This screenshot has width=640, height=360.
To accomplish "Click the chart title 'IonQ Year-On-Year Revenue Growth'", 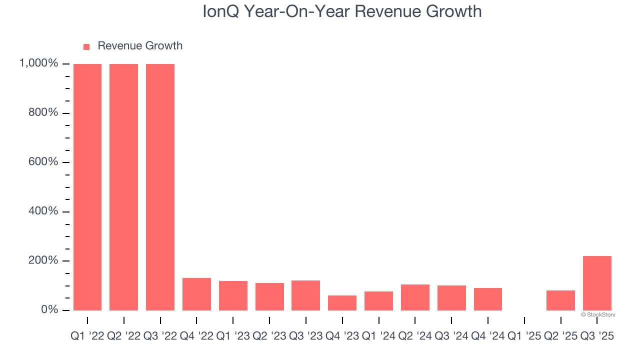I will pos(342,11).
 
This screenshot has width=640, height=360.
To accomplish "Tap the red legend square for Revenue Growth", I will pos(86,46).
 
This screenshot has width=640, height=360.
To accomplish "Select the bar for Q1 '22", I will pos(87,187).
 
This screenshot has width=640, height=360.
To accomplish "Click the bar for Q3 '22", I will pos(160,187).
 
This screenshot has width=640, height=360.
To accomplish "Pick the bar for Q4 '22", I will pos(196,294).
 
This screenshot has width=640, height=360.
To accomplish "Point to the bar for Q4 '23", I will pos(342,302).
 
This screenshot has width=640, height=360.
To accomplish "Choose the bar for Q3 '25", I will pos(597,283).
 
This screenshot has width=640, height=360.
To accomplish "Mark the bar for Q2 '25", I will pos(560,300).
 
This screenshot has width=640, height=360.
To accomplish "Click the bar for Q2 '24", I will pos(415,297).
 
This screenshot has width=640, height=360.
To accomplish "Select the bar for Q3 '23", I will pos(305,295).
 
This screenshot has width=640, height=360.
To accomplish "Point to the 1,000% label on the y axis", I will pos(38,63).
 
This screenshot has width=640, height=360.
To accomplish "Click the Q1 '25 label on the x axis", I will pos(524,336).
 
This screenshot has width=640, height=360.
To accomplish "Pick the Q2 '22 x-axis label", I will pos(124,336).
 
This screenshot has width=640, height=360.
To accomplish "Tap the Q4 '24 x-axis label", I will pos(488,336).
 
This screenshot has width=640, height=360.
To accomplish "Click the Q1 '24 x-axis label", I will pos(378,336).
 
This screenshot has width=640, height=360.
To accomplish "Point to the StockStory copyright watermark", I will pos(598,315).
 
